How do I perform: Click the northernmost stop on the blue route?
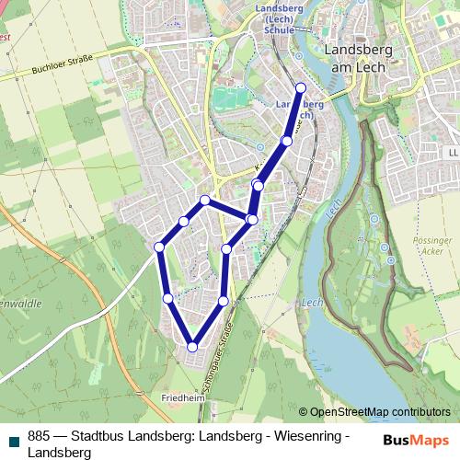click(300, 87)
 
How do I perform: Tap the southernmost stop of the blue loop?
click(192, 347)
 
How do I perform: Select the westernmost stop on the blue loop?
click(159, 247)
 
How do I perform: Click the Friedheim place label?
click(180, 397)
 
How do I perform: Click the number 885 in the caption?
click(39, 438)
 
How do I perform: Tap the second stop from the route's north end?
click(287, 141)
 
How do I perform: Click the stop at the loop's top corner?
click(205, 200)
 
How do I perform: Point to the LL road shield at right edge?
click(453, 151)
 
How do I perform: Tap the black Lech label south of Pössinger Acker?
click(311, 302)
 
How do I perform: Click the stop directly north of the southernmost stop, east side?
click(224, 301)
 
